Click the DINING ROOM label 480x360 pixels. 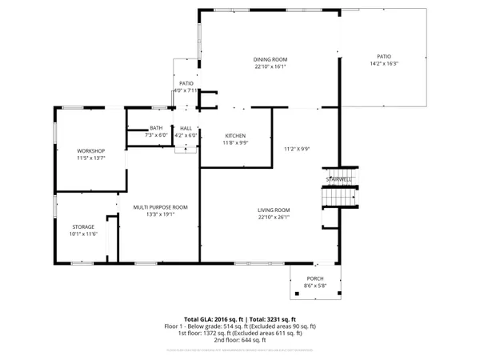(x=270, y=60)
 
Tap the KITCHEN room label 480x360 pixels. (x=235, y=135)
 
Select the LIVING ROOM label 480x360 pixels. (x=274, y=210)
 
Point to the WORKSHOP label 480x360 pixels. (x=90, y=151)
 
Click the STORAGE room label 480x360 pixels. (x=82, y=226)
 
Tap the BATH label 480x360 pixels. (x=156, y=128)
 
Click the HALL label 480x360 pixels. (x=186, y=128)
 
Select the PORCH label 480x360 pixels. (x=315, y=279)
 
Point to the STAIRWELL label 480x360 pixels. (x=339, y=180)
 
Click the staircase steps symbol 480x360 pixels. (x=338, y=195)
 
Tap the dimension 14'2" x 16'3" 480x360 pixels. (x=384, y=64)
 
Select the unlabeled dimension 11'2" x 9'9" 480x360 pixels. (x=296, y=149)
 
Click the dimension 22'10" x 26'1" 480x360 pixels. (x=274, y=217)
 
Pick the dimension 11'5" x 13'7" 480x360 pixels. (x=90, y=158)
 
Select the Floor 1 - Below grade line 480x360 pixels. (x=240, y=326)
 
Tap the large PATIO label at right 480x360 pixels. (x=384, y=57)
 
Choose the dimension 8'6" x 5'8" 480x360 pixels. (x=315, y=286)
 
